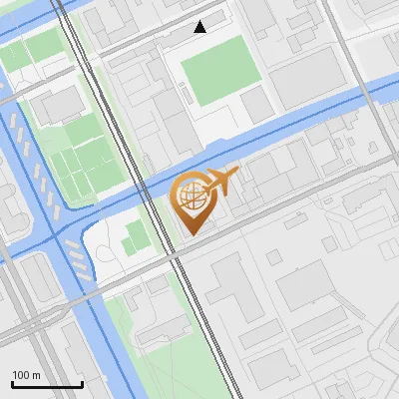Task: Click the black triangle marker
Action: click(200, 27)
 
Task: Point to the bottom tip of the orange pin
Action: click(191, 234)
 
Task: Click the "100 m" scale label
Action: click(27, 374)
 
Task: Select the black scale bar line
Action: click(47, 384)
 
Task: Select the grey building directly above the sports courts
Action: click(63, 103)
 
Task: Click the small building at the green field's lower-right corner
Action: click(256, 102)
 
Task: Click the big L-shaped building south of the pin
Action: click(235, 288)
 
